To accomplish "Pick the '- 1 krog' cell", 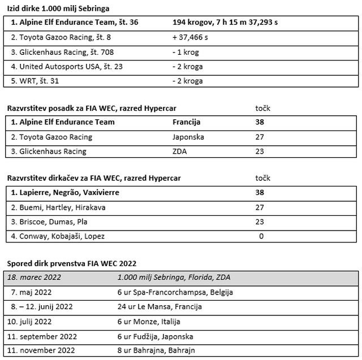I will click(187, 52).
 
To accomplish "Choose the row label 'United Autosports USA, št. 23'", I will click(63, 67).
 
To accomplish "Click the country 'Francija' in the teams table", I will click(187, 122).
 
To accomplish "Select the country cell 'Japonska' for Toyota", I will click(188, 137).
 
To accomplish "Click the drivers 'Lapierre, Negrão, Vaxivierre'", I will click(66, 193).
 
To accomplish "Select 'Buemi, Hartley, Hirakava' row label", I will click(58, 207).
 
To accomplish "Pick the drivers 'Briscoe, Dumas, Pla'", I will click(49, 222).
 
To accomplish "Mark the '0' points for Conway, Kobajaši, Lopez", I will click(261, 236).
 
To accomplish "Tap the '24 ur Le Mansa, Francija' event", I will click(160, 307).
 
